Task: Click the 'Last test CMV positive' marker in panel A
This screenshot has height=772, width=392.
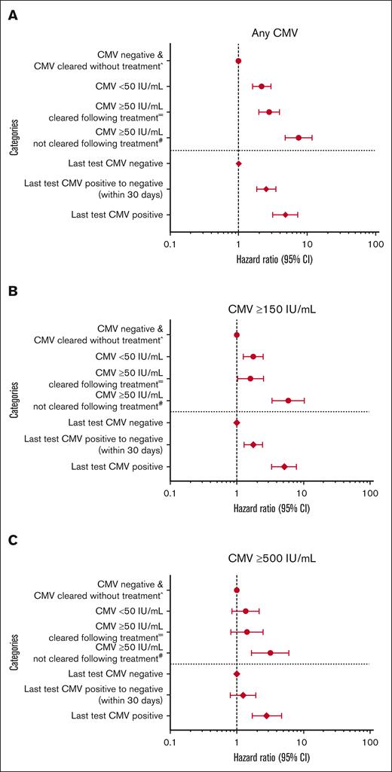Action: click(285, 215)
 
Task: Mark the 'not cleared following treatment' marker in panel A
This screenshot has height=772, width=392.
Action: click(299, 138)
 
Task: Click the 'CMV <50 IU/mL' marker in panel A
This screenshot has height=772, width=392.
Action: click(262, 87)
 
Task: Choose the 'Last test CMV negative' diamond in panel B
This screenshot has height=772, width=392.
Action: click(237, 423)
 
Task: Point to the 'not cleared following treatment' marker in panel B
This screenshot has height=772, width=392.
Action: click(288, 401)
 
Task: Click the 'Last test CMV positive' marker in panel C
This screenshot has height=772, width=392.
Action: click(266, 716)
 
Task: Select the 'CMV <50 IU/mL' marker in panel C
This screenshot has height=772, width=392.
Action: click(245, 611)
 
